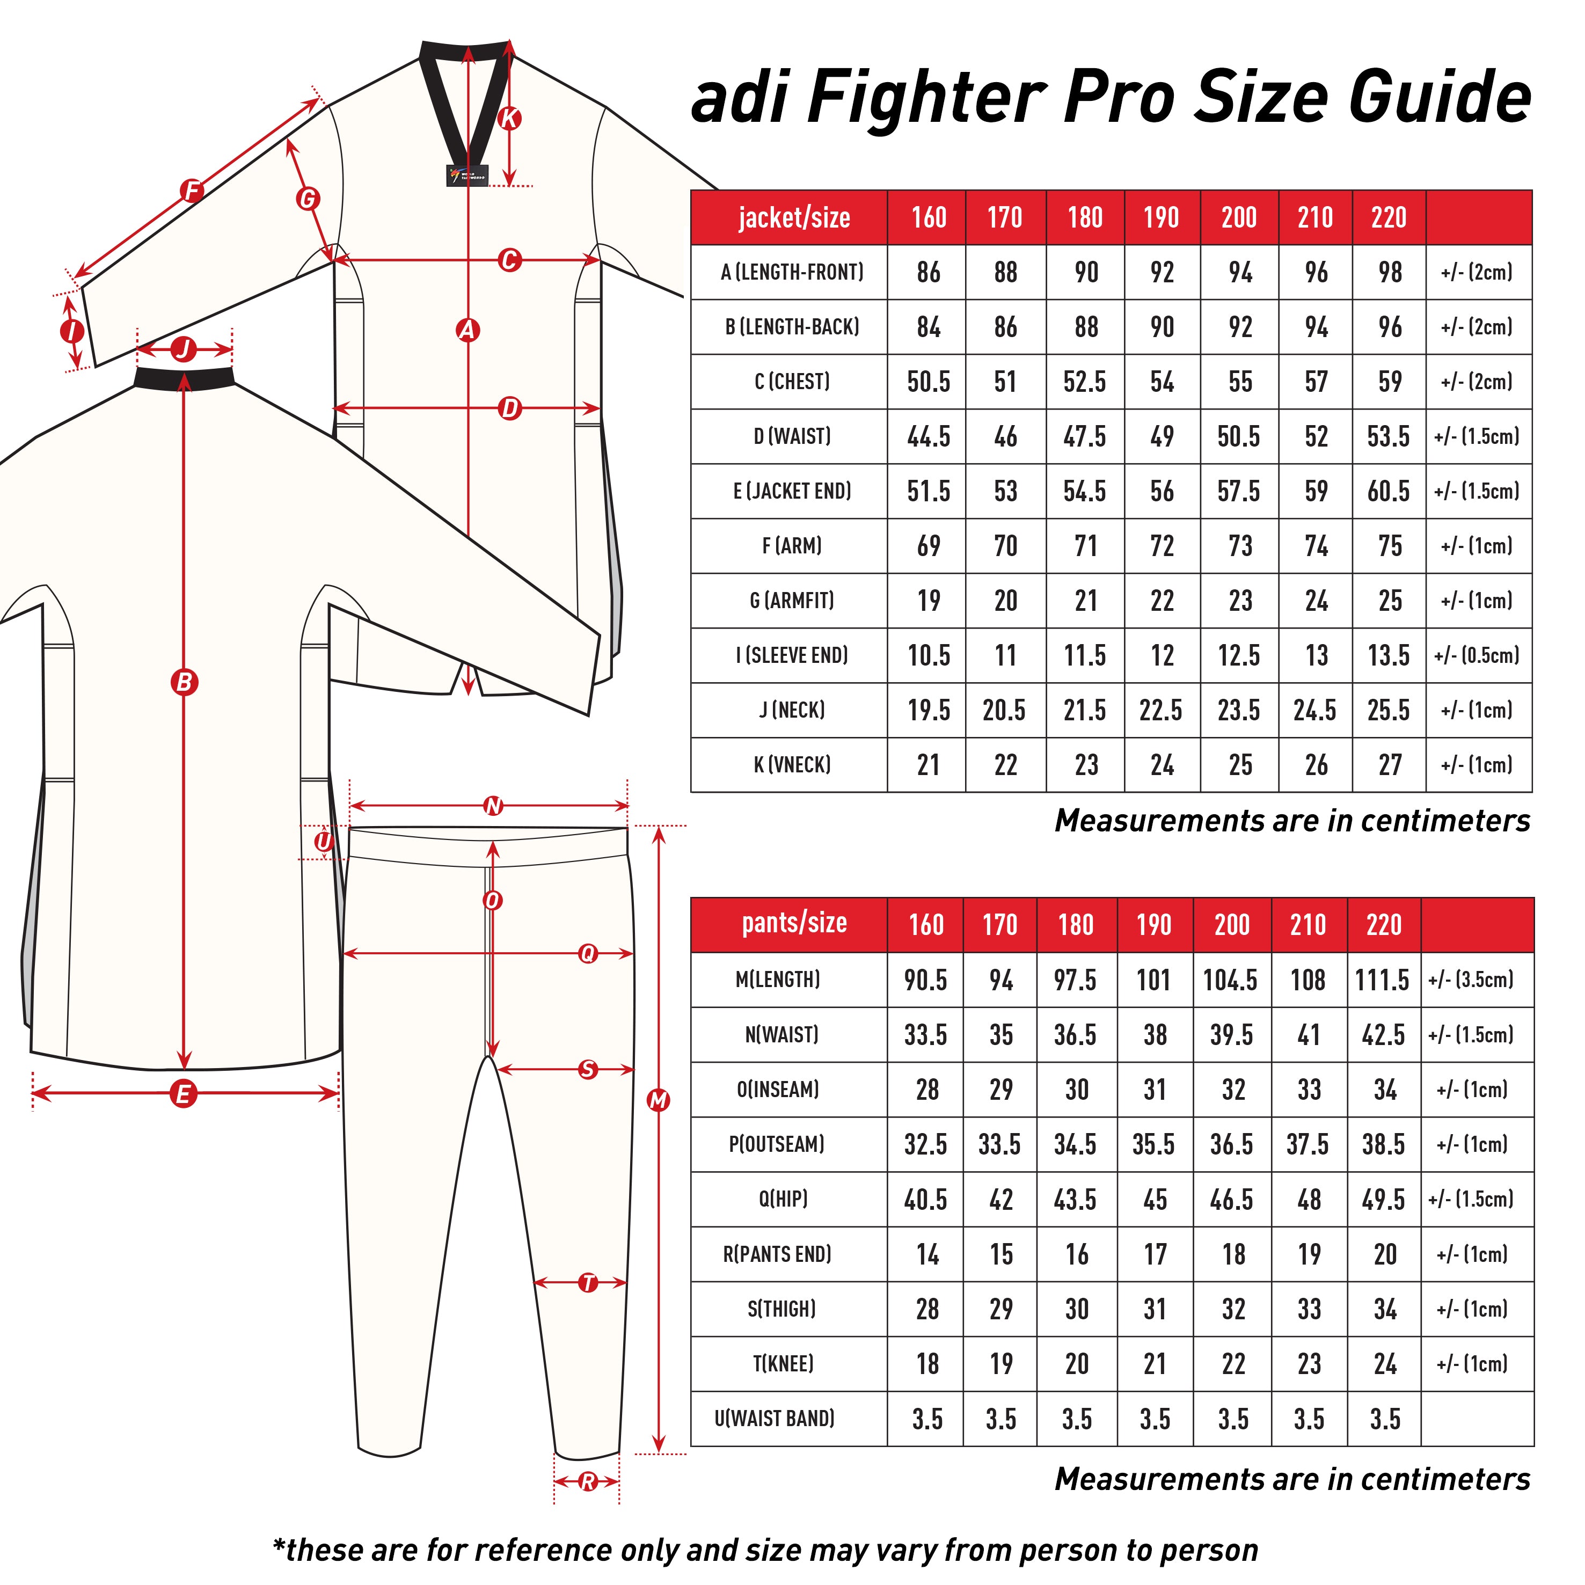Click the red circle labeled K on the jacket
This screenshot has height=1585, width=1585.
tap(509, 118)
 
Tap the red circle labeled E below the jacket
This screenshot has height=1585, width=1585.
tap(183, 1093)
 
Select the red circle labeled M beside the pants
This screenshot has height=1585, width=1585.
tap(659, 1100)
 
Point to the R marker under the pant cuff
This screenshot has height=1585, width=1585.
tap(587, 1481)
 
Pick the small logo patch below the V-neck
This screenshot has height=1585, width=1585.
tap(468, 176)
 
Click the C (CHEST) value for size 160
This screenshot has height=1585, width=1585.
tap(928, 382)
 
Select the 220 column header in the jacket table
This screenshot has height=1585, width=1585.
tap(1388, 217)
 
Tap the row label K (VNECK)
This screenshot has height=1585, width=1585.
tap(792, 765)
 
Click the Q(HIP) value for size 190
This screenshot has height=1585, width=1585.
tap(1155, 1200)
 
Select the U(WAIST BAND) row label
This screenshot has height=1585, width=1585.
tap(775, 1419)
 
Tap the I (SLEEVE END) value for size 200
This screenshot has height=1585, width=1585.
tap(1239, 655)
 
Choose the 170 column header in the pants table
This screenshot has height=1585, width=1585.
tap(999, 925)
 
